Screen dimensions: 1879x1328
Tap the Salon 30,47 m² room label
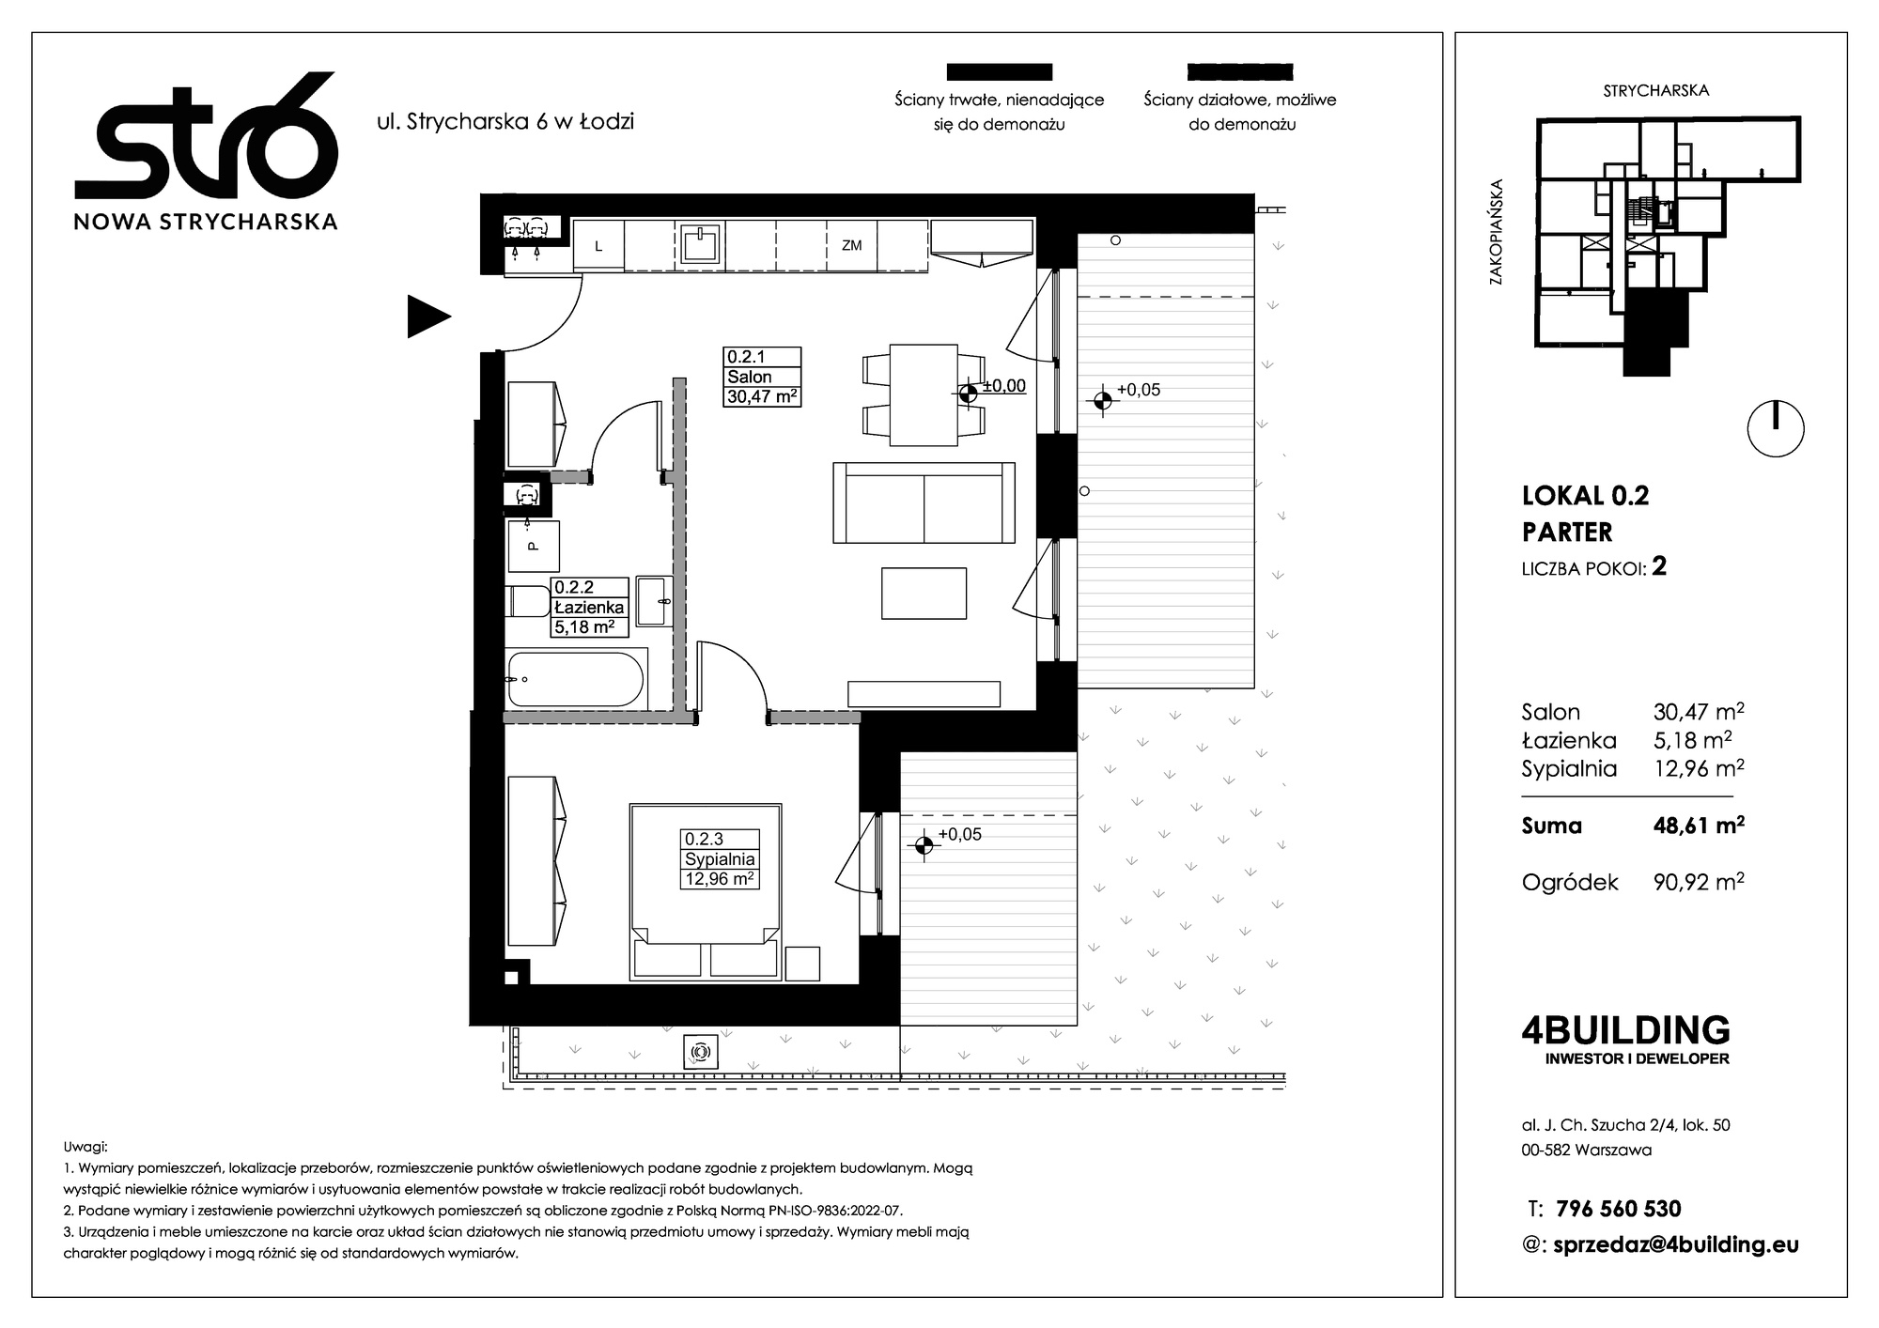[x=762, y=377]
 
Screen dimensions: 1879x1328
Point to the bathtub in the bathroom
[x=576, y=679]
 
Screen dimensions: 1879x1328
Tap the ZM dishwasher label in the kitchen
[x=852, y=246]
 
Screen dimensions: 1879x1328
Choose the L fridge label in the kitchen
[x=598, y=247]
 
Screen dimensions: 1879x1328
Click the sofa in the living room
[x=924, y=502]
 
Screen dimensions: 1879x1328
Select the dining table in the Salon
[x=924, y=395]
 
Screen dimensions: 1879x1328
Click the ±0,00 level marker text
[x=1003, y=386]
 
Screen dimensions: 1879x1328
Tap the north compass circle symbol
[x=1776, y=429]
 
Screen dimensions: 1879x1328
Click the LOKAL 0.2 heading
[x=1585, y=496]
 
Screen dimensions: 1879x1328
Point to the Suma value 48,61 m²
[x=1699, y=825]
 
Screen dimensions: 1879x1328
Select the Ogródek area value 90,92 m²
[x=1699, y=881]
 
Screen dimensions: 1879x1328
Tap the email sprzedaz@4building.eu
[x=1676, y=1245]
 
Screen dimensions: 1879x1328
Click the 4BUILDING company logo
[x=1625, y=1039]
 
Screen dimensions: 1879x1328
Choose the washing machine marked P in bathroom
[x=534, y=546]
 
